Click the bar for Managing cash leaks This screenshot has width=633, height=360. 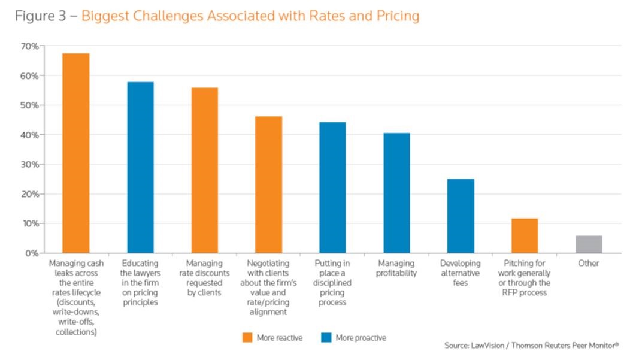tap(76, 153)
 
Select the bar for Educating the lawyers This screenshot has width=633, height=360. tap(140, 168)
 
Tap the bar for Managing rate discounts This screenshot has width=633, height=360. tap(204, 171)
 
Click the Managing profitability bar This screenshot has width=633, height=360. tap(396, 193)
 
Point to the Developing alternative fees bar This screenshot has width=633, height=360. tap(461, 216)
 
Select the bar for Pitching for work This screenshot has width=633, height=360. tap(525, 236)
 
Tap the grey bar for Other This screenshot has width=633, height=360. tap(589, 244)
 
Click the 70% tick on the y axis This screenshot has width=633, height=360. tap(29, 46)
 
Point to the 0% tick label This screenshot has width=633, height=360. tap(32, 253)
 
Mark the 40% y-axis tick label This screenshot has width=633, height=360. tap(29, 135)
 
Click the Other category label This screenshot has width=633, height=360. tap(589, 264)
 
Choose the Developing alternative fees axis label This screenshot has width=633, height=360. tap(461, 273)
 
